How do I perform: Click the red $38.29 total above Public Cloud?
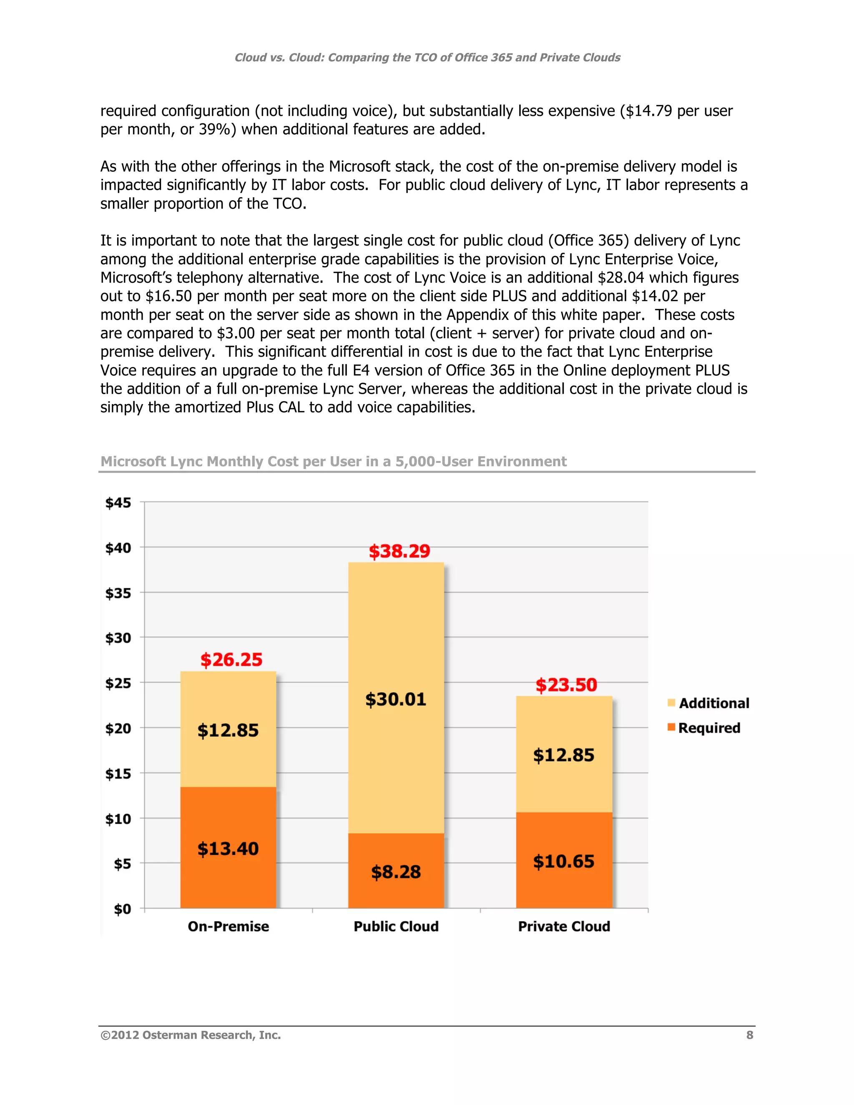[x=399, y=551]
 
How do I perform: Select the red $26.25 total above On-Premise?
[x=231, y=659]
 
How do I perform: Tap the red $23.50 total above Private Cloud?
[x=566, y=685]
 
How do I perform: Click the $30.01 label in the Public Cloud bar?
[x=396, y=699]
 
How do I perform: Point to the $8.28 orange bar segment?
[x=396, y=871]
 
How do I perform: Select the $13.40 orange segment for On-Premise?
[x=228, y=849]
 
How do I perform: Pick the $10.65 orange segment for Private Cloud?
[x=564, y=861]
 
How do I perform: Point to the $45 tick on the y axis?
[x=118, y=502]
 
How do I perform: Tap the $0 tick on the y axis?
[x=123, y=909]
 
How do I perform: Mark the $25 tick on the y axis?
[x=118, y=683]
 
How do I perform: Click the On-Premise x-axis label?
[x=228, y=927]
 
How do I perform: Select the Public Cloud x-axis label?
[x=396, y=927]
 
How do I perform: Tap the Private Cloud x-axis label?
[x=564, y=927]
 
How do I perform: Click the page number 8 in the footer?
[x=749, y=1035]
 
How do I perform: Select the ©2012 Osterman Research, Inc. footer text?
[x=191, y=1035]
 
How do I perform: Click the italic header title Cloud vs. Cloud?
[x=427, y=57]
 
